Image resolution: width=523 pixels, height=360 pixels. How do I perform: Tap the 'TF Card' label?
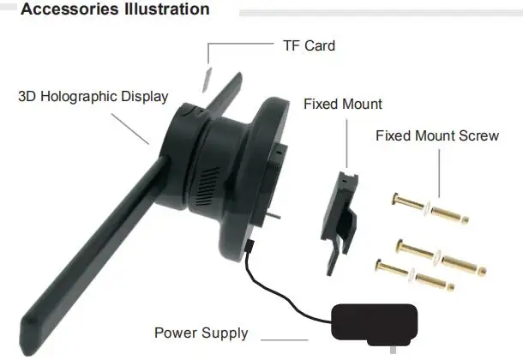pos(309,45)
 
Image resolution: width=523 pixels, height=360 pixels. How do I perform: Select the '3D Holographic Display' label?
pos(93,96)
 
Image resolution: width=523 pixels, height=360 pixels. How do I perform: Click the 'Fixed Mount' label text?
pos(343,104)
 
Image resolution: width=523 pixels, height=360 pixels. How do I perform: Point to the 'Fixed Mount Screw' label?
pos(437,135)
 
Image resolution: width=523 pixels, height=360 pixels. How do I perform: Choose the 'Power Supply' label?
pos(201,333)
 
